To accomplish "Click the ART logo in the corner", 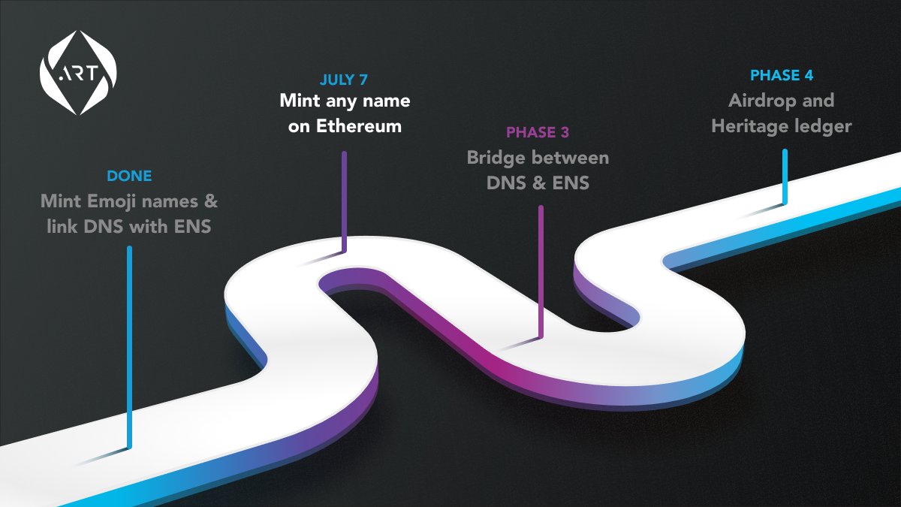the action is (x=78, y=73).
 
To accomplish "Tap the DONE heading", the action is (x=129, y=177).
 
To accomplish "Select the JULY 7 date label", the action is (x=344, y=79).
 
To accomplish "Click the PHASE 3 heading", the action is (x=538, y=133).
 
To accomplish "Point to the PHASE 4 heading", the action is (x=782, y=75).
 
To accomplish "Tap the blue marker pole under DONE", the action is (x=129, y=346).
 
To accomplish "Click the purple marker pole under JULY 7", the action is (x=345, y=199).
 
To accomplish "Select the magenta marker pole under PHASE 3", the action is (x=541, y=270).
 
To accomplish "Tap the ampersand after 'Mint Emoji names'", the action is (x=210, y=201).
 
